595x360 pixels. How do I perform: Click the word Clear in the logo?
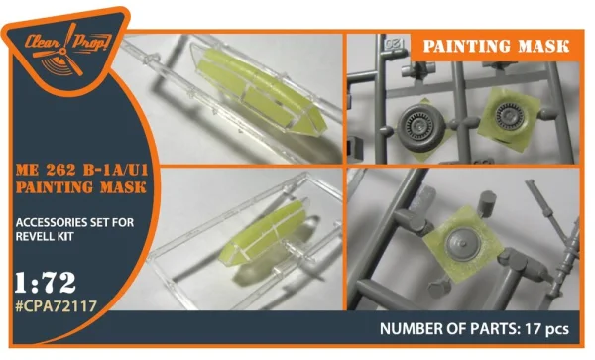click(x=42, y=42)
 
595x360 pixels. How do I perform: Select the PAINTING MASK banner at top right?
click(x=496, y=47)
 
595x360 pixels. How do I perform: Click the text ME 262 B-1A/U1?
click(x=82, y=170)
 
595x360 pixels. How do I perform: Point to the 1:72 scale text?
click(x=46, y=283)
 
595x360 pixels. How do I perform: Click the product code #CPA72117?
click(x=57, y=305)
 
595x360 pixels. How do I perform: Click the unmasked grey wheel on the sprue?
click(x=420, y=128)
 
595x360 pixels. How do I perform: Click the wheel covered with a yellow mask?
click(x=510, y=114)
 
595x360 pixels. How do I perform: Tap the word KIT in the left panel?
click(x=65, y=236)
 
